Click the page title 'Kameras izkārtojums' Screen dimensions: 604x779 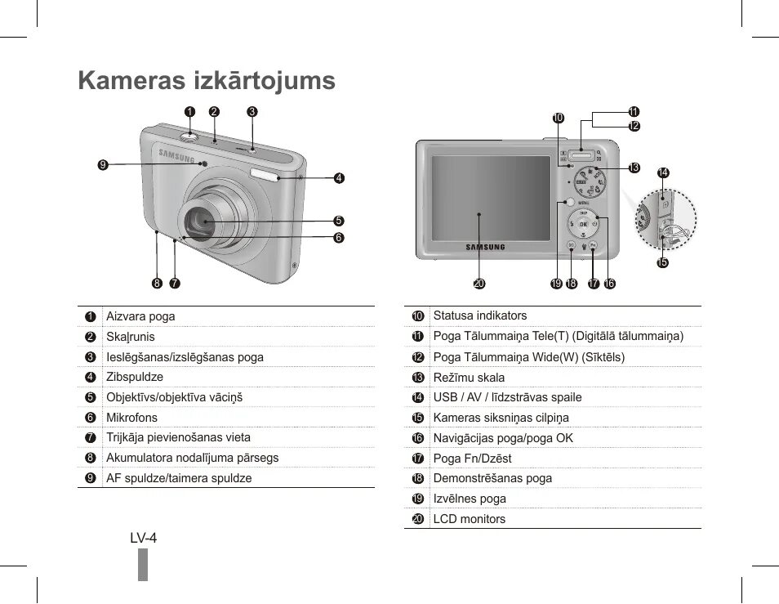(x=207, y=80)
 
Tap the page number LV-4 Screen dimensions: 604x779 (x=143, y=537)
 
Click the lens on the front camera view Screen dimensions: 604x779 (x=202, y=221)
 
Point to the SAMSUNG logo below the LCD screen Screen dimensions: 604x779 (x=485, y=247)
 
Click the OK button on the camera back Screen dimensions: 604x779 (x=583, y=225)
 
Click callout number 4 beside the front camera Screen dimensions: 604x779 (x=339, y=177)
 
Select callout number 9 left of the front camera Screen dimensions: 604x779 (x=102, y=164)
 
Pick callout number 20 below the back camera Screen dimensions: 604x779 (x=479, y=284)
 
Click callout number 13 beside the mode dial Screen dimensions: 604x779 (x=634, y=168)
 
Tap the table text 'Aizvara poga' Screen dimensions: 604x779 (x=140, y=316)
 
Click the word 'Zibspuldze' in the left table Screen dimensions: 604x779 (x=135, y=377)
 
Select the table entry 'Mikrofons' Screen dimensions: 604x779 (x=131, y=418)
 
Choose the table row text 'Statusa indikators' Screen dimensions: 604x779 (x=479, y=315)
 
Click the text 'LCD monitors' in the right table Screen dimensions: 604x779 (x=469, y=519)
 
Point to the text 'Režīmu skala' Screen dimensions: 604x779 (x=469, y=378)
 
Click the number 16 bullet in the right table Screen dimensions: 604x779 (x=417, y=438)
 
